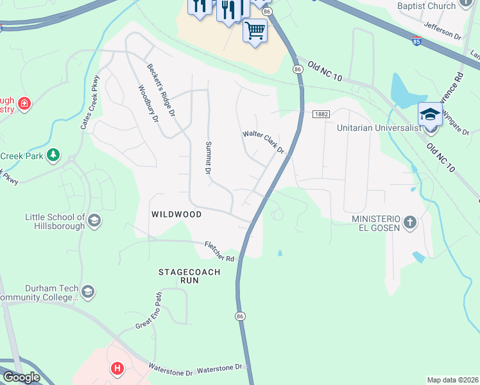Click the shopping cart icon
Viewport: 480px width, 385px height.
tap(255, 30)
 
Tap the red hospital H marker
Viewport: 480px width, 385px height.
tap(117, 368)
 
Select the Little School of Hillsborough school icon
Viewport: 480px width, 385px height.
tap(94, 221)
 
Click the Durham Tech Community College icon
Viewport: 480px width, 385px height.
tap(88, 293)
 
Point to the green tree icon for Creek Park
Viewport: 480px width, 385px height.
tap(53, 155)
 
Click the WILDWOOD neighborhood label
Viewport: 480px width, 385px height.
tap(176, 214)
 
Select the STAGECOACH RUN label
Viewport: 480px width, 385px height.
tap(189, 277)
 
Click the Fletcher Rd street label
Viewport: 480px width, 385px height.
tap(219, 251)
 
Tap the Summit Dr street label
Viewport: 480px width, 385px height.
tap(208, 158)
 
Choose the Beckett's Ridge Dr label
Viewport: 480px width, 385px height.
tap(160, 90)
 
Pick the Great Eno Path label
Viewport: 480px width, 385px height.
tap(149, 312)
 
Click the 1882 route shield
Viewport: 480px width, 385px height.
tap(321, 114)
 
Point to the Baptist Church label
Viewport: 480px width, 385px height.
tap(426, 6)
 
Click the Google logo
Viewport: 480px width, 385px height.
tap(22, 377)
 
